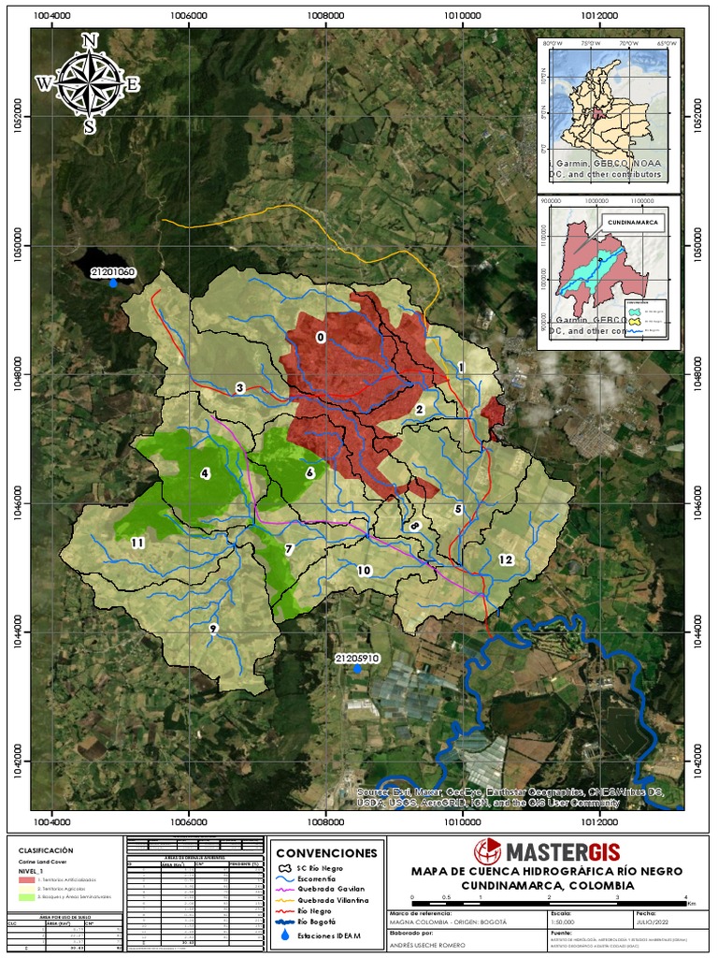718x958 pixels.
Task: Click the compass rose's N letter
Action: (90, 40)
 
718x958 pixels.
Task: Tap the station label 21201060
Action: (113, 272)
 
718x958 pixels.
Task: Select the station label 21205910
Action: (356, 659)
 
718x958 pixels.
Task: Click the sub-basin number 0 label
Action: (321, 338)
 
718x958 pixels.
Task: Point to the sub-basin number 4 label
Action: (204, 473)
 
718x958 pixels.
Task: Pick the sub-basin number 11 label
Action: (137, 543)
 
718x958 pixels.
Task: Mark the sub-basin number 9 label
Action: (213, 628)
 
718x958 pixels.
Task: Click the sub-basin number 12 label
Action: (506, 559)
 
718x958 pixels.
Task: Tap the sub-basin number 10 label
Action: (364, 570)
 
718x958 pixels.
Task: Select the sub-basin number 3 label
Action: (240, 387)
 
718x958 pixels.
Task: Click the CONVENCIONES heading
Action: (326, 853)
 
